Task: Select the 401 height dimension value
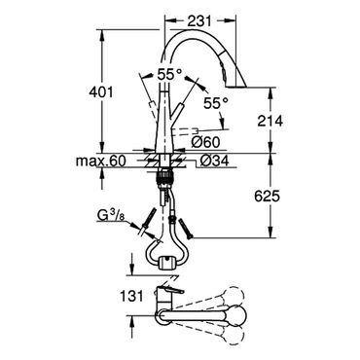point(101,92)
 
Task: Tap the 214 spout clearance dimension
point(270,121)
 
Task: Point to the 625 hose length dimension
point(267,197)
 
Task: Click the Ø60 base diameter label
point(205,142)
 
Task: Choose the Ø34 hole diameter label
point(214,161)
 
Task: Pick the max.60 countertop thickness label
point(100,161)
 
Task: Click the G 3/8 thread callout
point(110,216)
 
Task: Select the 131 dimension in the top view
point(131,296)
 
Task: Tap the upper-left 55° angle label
point(169,75)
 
